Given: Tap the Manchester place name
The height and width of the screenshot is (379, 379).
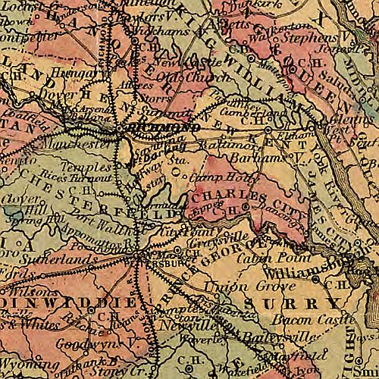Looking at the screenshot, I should click(65, 142).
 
